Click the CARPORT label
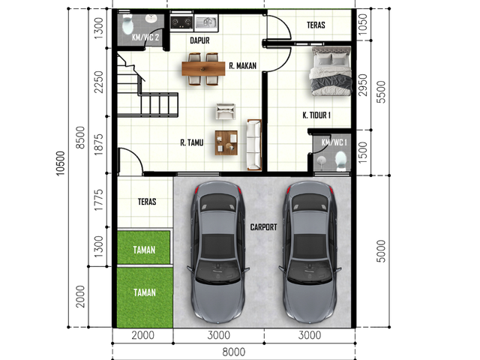[263, 227]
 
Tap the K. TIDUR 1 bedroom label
[316, 115]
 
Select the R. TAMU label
[192, 142]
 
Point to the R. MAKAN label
[243, 66]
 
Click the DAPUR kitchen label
[200, 40]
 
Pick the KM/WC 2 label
[145, 37]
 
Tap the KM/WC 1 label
[334, 142]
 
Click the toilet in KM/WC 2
[127, 24]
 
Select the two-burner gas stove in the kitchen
[181, 22]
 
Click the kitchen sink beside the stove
[206, 22]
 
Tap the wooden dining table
[203, 68]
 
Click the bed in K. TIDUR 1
[331, 70]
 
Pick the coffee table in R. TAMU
[226, 142]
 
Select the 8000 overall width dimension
[234, 352]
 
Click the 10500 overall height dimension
[61, 163]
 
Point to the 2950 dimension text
[363, 85]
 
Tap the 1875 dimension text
[98, 144]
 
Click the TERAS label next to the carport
[147, 202]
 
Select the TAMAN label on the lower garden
[145, 292]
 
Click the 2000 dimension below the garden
[80, 297]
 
